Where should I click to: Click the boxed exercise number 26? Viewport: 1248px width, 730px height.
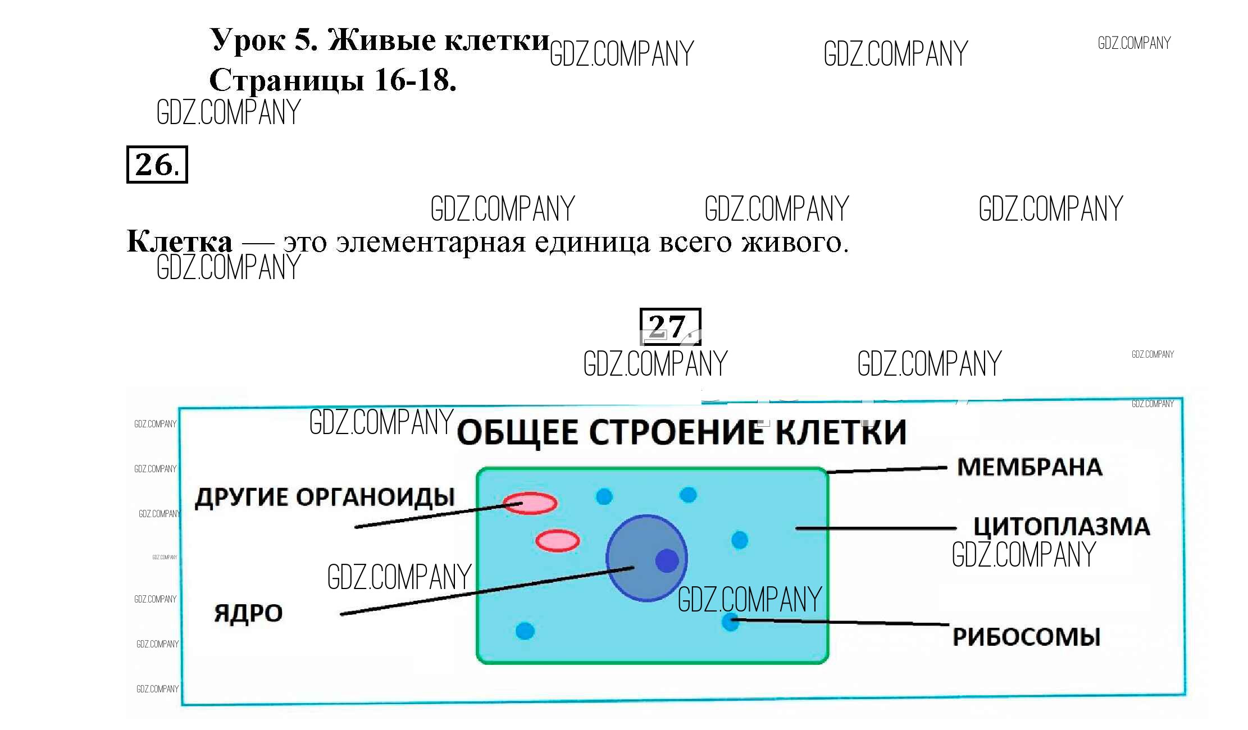(157, 165)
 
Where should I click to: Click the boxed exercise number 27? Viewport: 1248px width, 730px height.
(670, 326)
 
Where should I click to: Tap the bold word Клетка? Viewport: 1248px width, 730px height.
(179, 241)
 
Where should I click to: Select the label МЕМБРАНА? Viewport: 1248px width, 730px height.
(1030, 467)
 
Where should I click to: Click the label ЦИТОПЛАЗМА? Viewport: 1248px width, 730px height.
(1061, 527)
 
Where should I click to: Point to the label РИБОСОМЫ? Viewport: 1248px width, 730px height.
(1026, 637)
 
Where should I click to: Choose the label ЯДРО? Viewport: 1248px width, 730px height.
(248, 613)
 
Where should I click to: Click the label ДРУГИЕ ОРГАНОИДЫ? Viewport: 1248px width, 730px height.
(325, 497)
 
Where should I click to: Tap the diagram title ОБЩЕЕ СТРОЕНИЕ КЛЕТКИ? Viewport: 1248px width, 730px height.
(681, 432)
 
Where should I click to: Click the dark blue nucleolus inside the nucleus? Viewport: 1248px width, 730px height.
(667, 560)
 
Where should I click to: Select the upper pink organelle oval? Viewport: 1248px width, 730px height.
(530, 503)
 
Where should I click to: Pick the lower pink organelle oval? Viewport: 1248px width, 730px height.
(557, 541)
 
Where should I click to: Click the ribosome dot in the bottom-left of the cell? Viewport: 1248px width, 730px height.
(525, 631)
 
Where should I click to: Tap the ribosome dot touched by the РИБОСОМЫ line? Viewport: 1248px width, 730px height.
(730, 622)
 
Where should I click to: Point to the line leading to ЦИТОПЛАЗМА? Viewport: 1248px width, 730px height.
(876, 528)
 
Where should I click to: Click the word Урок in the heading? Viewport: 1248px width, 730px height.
(248, 40)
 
